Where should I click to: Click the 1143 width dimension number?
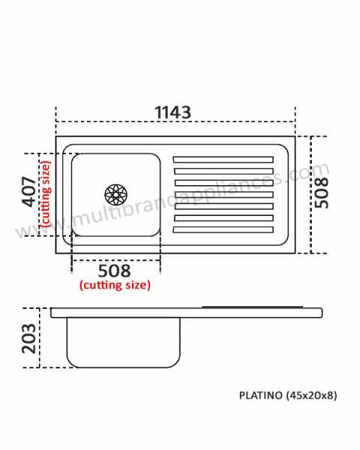[172, 112]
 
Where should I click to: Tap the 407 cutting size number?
[29, 192]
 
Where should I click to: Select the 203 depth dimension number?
[29, 339]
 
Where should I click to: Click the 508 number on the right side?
[321, 193]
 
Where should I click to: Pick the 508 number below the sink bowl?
[114, 271]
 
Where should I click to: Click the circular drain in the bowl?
[115, 195]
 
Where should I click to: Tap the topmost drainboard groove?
[223, 160]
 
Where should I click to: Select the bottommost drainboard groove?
[223, 229]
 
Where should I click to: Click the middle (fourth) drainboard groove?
[223, 194]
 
